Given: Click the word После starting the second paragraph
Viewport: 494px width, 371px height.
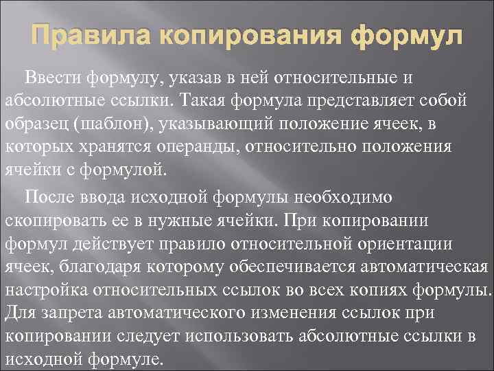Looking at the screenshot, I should tap(50, 198).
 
